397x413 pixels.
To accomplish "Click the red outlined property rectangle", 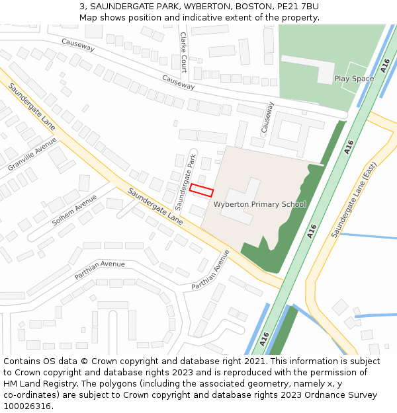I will tap(202, 190).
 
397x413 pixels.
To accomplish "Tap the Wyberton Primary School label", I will tap(259, 204).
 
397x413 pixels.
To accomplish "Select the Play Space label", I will tap(354, 79).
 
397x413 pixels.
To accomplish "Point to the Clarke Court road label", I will tap(183, 52).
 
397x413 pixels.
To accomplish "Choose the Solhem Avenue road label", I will tap(74, 209).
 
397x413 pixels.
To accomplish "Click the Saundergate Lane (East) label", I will tap(355, 200).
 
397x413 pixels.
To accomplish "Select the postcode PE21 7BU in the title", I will tap(297, 6).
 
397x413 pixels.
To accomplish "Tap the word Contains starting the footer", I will tap(22, 361).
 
